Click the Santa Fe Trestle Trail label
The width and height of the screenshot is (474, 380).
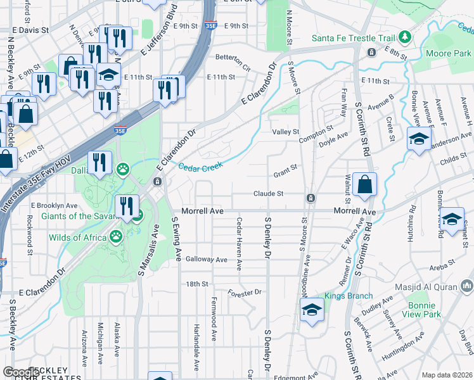pyautogui.click(x=353, y=38)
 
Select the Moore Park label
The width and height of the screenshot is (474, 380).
pyautogui.click(x=449, y=54)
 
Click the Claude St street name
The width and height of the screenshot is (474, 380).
pyautogui.click(x=267, y=193)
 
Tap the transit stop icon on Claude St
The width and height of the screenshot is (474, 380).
pyautogui.click(x=311, y=198)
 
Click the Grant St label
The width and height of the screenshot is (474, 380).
pyautogui.click(x=285, y=168)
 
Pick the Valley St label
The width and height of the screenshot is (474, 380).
pyautogui.click(x=285, y=132)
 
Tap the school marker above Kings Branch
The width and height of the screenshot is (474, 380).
pyautogui.click(x=311, y=310)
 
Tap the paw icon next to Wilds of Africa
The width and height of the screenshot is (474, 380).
pyautogui.click(x=116, y=237)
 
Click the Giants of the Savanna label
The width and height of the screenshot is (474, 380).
pyautogui.click(x=75, y=216)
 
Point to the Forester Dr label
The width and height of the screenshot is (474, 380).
pyautogui.click(x=245, y=293)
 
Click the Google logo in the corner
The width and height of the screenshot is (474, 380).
pyautogui.click(x=20, y=372)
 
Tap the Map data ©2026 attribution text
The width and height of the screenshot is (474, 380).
pyautogui.click(x=447, y=375)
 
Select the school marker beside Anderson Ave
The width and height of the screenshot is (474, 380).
pyautogui.click(x=419, y=139)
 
